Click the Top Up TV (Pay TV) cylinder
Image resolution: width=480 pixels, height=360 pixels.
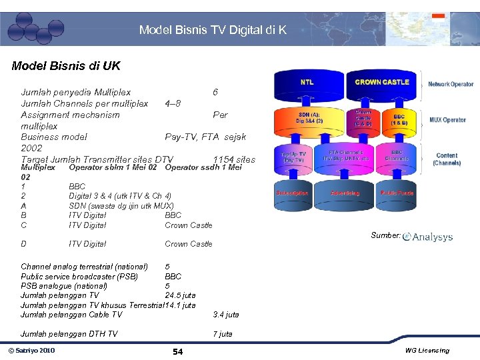tap(293, 157)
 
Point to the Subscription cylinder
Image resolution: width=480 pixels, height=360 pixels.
tap(292, 193)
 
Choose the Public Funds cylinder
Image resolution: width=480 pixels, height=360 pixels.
tap(397, 193)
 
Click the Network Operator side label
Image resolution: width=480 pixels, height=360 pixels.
tap(451, 85)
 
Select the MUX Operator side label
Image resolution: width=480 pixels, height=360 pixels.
tap(448, 120)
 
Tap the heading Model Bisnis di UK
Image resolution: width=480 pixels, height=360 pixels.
tap(66, 67)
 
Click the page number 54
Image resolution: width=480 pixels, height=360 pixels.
tap(177, 351)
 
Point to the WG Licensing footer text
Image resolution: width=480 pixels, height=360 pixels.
tap(427, 351)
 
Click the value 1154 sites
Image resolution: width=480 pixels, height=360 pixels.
tap(234, 160)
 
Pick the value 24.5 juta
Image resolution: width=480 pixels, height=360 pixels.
tap(180, 295)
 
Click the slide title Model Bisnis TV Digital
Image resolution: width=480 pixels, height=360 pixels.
tap(213, 30)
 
